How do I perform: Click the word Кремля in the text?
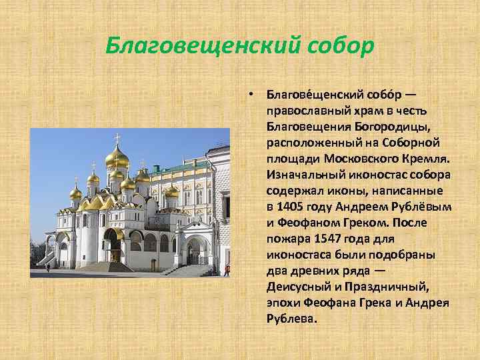pos(427,160)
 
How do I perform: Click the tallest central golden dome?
pos(117,157)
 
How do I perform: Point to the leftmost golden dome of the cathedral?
pos(76,193)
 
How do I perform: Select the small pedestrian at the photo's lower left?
pos(48,267)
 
